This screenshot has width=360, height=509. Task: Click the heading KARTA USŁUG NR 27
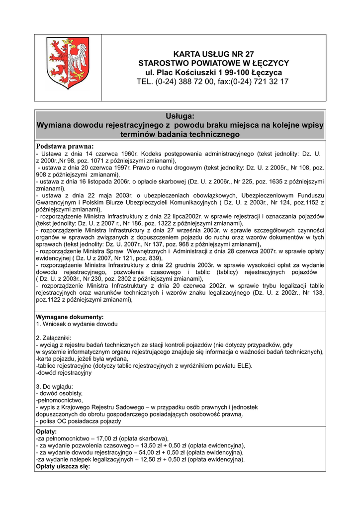click(x=213, y=54)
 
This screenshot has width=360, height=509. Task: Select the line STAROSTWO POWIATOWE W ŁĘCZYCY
click(x=213, y=63)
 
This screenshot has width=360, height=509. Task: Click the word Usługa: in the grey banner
click(x=180, y=116)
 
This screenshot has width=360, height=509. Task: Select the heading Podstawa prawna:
click(x=65, y=146)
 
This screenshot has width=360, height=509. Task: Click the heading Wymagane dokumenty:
click(x=70, y=317)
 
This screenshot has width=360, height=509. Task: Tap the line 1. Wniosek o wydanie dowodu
click(x=77, y=324)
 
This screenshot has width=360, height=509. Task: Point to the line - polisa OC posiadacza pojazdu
click(x=79, y=421)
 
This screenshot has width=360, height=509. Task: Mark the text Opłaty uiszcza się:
click(x=63, y=466)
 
